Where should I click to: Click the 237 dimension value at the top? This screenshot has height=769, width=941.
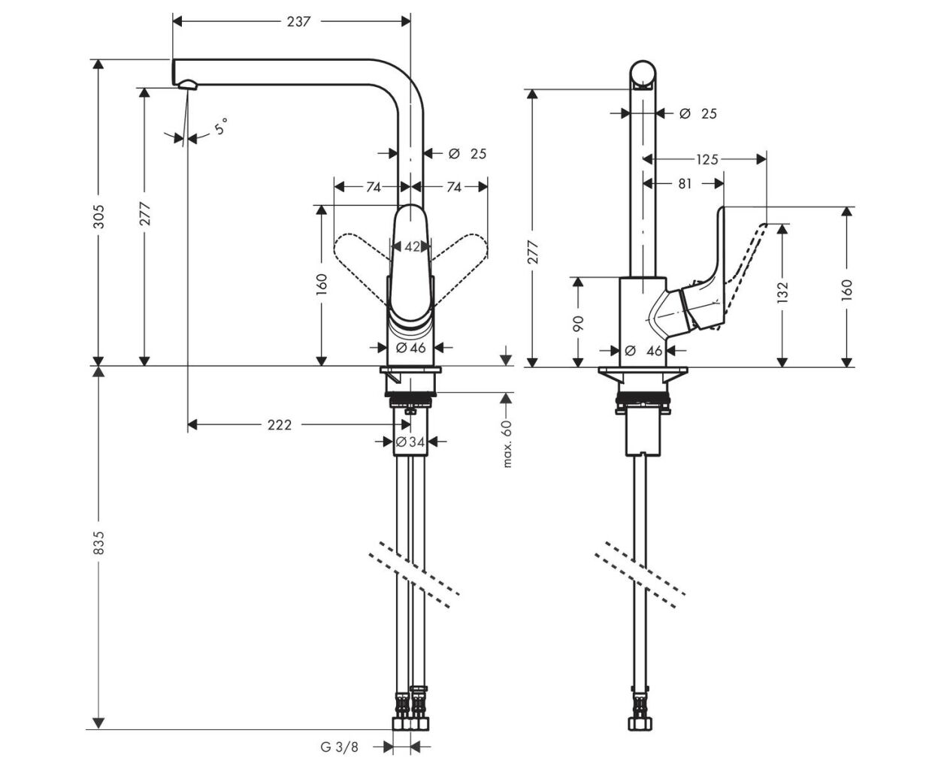pos(298,21)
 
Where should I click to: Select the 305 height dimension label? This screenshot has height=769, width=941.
pos(99,216)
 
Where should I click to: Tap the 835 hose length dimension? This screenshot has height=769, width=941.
pos(99,542)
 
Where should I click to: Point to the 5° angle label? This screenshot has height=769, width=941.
pos(221,126)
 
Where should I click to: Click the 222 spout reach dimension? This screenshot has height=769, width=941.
pos(280,425)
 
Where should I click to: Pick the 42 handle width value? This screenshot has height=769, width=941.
pos(412,246)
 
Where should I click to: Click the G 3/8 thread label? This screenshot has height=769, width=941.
pos(339,746)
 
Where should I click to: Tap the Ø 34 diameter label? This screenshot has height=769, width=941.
pos(410,442)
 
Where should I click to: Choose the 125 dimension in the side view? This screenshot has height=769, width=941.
pos(707,159)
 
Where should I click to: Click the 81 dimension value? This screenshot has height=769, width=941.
pos(685,183)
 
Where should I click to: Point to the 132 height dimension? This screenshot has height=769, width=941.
pos(782,292)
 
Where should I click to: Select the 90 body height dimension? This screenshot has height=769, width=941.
pos(578,323)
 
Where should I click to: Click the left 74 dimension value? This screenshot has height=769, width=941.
pos(374,187)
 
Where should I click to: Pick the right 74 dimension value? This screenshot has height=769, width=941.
pos(453,187)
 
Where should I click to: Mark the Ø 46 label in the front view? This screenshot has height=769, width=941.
pos(411,347)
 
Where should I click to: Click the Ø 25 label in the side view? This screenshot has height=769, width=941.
pos(697,113)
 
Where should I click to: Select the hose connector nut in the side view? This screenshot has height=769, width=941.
pos(640,723)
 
